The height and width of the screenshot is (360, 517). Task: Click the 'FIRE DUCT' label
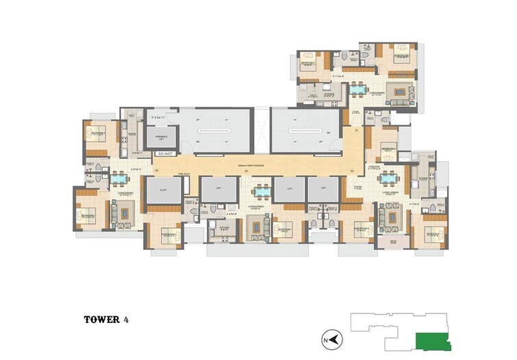click(x=184, y=174)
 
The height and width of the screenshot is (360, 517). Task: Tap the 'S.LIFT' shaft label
click(x=163, y=190)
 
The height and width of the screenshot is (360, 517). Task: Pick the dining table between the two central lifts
click(x=260, y=191)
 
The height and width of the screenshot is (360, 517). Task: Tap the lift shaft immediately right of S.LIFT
click(x=220, y=190)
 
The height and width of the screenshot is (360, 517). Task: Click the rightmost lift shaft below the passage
click(x=322, y=190)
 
